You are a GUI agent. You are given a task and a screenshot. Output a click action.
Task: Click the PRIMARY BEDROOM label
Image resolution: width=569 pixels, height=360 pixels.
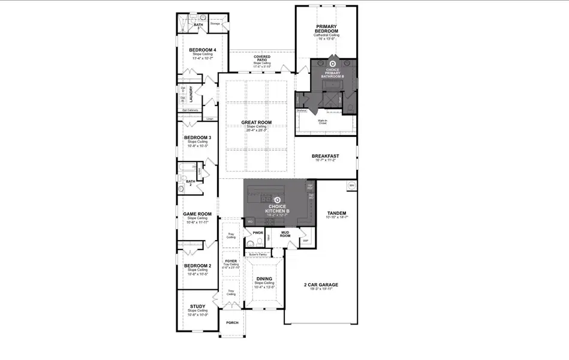[326, 29]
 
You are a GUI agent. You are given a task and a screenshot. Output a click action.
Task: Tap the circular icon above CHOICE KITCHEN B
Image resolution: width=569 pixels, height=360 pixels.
[277, 200]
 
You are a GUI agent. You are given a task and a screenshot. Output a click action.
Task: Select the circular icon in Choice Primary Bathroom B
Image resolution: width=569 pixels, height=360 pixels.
[333, 62]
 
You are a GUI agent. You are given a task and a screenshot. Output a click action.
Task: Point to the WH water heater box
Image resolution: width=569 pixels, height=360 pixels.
[351, 185]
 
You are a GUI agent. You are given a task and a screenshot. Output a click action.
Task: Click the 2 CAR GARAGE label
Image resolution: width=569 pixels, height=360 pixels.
[321, 284]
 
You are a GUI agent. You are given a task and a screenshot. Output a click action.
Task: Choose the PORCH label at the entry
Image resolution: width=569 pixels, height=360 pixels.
[231, 323]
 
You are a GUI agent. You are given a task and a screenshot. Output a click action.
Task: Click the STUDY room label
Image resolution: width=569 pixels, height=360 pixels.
[197, 306]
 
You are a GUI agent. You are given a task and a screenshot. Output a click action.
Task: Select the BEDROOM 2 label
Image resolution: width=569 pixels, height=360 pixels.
[197, 265]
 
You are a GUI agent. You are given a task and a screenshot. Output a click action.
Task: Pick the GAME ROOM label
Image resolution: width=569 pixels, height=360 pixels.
[197, 214]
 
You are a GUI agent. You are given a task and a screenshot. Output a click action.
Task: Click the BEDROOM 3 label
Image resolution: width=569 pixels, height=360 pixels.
[197, 137]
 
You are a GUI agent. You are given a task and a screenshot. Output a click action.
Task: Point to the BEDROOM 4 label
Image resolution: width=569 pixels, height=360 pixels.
[201, 50]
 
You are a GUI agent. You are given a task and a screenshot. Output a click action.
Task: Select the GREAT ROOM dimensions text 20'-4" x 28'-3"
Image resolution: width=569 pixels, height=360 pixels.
[257, 130]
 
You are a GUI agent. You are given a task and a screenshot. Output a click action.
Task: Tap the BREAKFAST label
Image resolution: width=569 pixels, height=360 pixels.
[325, 156]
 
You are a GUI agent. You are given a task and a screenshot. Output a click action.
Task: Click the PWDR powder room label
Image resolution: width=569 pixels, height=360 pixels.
[258, 232]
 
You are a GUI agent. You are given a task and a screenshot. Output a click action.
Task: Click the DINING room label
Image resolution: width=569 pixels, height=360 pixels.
[264, 279]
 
